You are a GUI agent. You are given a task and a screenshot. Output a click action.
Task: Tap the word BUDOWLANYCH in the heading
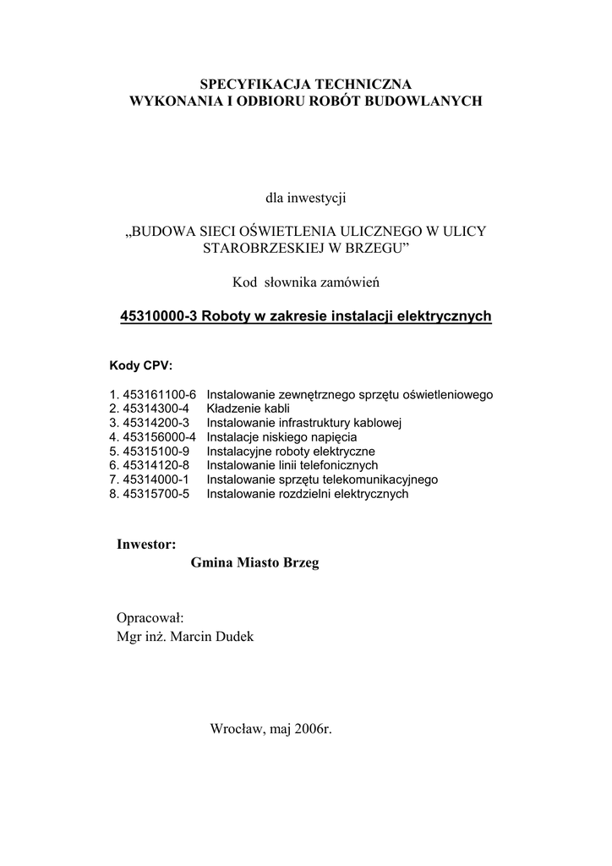[x=429, y=101]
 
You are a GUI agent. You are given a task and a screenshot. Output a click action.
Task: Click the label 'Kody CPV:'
[x=141, y=366]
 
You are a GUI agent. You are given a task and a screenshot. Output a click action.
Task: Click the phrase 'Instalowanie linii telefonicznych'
[x=292, y=466]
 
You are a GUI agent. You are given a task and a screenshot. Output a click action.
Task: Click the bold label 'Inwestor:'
[x=146, y=544]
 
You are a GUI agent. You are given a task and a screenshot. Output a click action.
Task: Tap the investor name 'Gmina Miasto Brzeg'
[x=256, y=563]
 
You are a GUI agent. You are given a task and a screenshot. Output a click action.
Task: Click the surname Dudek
[x=234, y=637]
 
